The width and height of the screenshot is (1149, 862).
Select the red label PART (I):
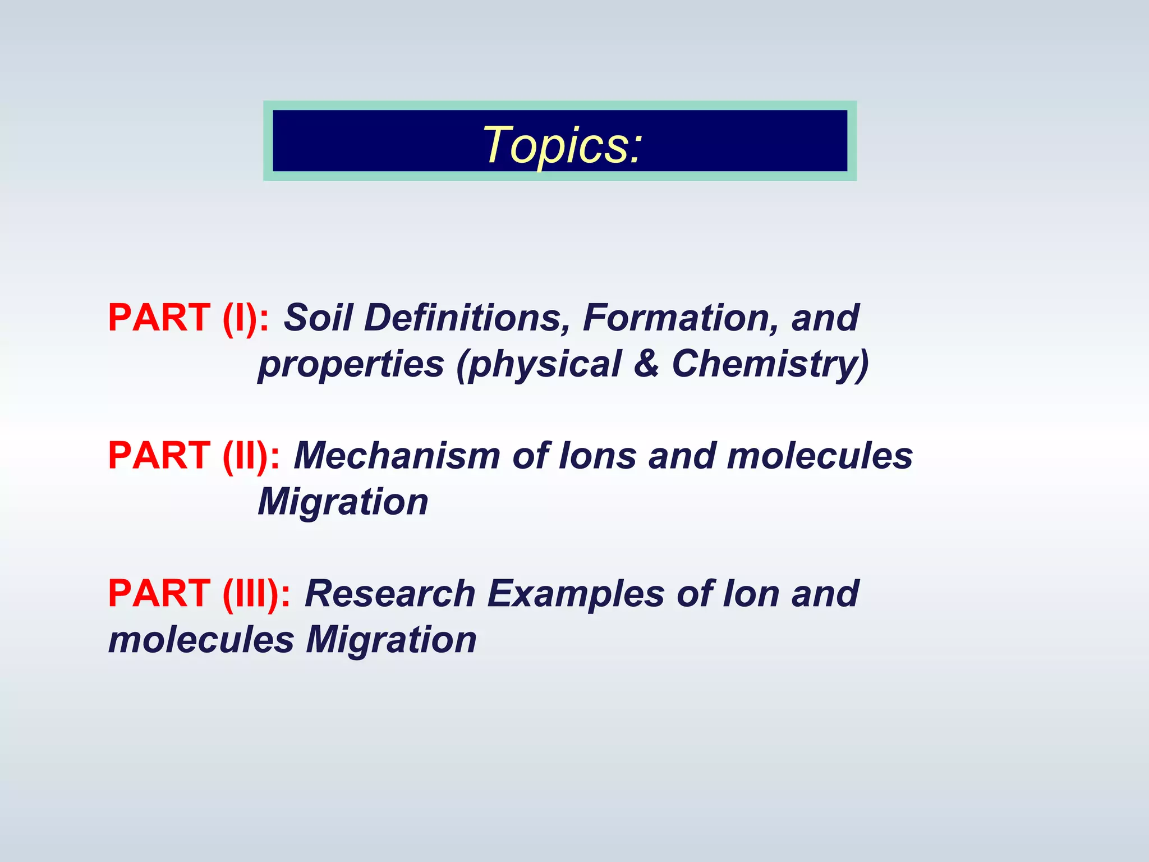(x=189, y=318)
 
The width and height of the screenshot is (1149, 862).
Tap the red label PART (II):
(x=194, y=456)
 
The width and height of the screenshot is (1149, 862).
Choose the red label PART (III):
(x=200, y=594)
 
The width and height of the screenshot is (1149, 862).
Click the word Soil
(x=318, y=318)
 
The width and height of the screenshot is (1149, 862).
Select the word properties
(x=351, y=364)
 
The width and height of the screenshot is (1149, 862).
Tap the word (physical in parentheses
(x=539, y=364)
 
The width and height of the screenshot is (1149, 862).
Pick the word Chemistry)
(x=770, y=364)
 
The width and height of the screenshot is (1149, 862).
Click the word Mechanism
(x=397, y=456)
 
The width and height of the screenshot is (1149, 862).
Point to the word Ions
(x=598, y=456)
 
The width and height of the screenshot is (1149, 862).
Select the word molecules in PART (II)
(x=820, y=456)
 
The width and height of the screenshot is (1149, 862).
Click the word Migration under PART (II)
(x=343, y=502)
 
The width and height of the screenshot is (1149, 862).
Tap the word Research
(x=390, y=594)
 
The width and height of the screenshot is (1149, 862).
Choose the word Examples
(x=576, y=594)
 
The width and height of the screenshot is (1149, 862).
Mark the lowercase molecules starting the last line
(x=201, y=640)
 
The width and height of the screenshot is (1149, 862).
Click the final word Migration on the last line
(x=391, y=640)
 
